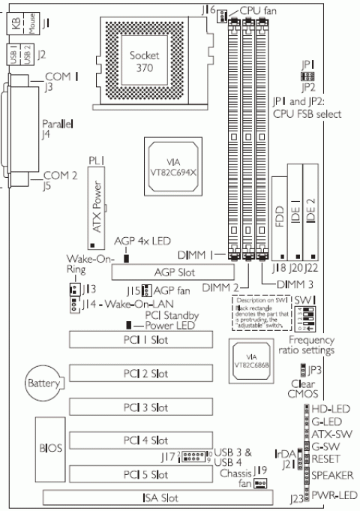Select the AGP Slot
click(163, 272)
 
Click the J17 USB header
click(194, 457)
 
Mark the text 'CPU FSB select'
click(307, 115)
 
